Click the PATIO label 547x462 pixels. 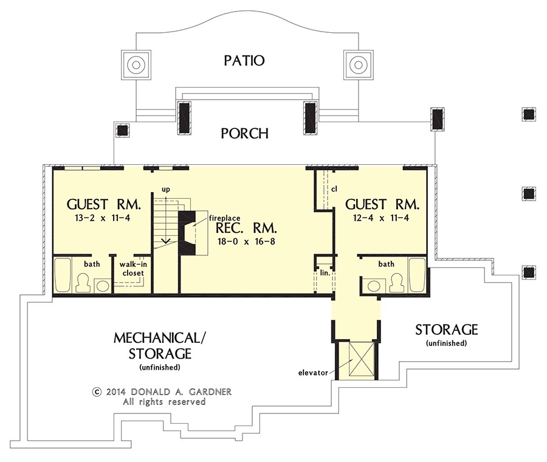coord(244,60)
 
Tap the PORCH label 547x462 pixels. coord(244,133)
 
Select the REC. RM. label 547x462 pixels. coord(246,228)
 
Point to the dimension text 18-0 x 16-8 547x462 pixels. coord(246,241)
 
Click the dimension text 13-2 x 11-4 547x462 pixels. coord(102,218)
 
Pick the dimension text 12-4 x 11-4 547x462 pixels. coord(381,218)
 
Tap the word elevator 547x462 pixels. coord(313,373)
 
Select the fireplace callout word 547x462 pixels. coord(224,218)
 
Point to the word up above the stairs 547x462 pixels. coord(166,190)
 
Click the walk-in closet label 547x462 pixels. coord(133,269)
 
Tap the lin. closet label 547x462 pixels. coord(325,273)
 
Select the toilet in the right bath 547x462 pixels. coord(396,282)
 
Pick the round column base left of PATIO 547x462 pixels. coord(136,65)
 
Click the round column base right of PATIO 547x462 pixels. coord(358,65)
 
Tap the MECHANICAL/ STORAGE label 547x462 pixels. coord(160,345)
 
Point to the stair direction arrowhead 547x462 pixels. coord(166,240)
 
